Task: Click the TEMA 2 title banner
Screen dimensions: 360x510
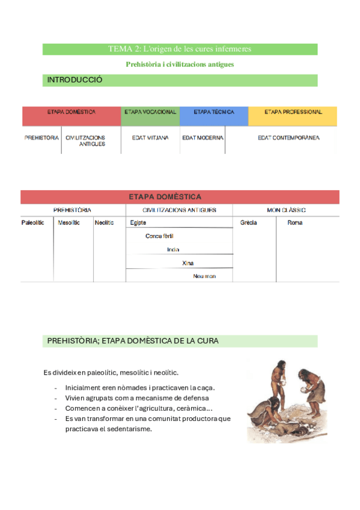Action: tap(180, 49)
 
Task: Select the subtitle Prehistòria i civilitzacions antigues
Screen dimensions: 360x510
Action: tap(180, 64)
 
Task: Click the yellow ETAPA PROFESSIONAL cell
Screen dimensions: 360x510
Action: tap(293, 112)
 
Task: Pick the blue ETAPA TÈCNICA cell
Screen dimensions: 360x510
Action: tap(214, 112)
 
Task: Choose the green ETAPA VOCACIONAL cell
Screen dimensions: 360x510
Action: tap(150, 112)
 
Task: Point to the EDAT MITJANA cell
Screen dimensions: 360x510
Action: tap(150, 138)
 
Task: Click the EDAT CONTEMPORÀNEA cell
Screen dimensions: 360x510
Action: tap(288, 138)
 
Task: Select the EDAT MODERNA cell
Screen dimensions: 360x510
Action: tap(203, 138)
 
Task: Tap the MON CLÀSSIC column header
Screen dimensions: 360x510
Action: tap(286, 210)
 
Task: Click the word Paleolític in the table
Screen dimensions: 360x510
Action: tap(32, 223)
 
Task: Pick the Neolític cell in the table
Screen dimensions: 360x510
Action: tap(104, 223)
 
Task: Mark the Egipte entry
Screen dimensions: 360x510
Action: tap(138, 223)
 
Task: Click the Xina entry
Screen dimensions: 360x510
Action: tap(188, 263)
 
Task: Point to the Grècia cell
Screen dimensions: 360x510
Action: tap(249, 223)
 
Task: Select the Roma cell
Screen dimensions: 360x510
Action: tap(294, 223)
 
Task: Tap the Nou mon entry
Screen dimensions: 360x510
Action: tap(204, 276)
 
